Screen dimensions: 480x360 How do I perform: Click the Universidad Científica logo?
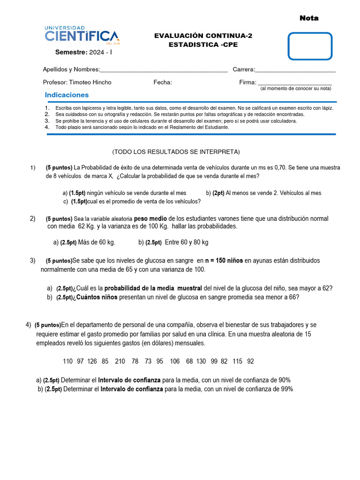(82, 34)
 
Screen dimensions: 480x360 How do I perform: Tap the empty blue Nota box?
(310, 46)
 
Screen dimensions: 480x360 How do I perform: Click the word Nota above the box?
(309, 18)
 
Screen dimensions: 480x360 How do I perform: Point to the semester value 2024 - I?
(101, 52)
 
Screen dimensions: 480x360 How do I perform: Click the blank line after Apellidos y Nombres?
(164, 70)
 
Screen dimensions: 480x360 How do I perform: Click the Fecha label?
(163, 82)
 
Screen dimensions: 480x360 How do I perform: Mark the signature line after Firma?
(295, 82)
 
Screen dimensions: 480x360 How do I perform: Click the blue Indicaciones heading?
(67, 95)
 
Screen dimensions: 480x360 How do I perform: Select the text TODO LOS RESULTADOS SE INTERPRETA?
(176, 151)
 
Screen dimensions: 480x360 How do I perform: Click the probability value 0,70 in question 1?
(280, 167)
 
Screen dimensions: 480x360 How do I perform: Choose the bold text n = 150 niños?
(224, 261)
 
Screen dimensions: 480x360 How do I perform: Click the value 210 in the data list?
(120, 361)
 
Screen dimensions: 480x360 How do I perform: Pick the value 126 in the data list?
(92, 361)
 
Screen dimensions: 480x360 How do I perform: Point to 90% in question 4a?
(284, 380)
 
